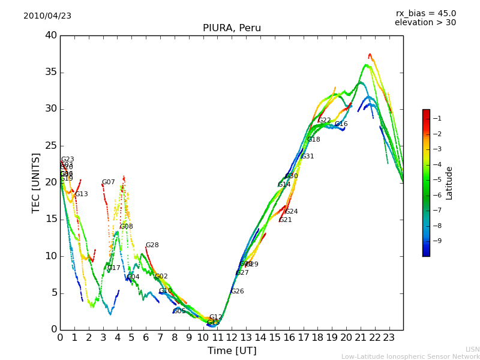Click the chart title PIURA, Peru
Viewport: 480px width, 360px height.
click(x=232, y=28)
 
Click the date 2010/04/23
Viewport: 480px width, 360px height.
click(x=47, y=16)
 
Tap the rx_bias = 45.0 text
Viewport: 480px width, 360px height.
click(x=425, y=14)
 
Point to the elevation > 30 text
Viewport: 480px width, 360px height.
click(x=425, y=23)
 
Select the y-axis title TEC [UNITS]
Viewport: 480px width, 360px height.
click(x=36, y=182)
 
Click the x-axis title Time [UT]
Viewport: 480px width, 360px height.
click(x=232, y=350)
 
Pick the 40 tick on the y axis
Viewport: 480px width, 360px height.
click(x=51, y=35)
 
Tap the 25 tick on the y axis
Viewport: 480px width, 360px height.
click(x=51, y=146)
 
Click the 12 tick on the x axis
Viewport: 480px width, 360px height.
click(x=232, y=337)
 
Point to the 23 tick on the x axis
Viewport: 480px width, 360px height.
click(x=389, y=337)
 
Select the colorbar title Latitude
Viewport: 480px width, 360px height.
click(x=449, y=183)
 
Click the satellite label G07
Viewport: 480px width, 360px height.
click(x=108, y=182)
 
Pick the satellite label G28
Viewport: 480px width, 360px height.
click(x=152, y=245)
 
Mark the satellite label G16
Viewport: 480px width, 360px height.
click(x=341, y=124)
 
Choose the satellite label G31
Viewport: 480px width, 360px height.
click(x=307, y=157)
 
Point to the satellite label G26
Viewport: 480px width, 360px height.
click(x=237, y=292)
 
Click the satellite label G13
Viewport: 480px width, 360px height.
click(x=81, y=194)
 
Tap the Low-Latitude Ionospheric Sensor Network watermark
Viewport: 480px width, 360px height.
click(x=410, y=356)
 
